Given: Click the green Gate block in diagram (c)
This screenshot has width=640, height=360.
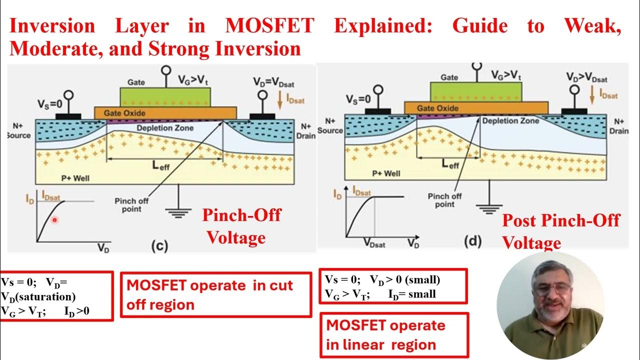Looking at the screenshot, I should [x=165, y=96].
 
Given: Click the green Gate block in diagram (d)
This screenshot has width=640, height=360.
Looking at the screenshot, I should [x=476, y=91].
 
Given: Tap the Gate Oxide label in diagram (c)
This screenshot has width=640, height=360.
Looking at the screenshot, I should [x=125, y=113].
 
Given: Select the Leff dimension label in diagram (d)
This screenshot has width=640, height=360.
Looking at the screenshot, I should [x=449, y=164].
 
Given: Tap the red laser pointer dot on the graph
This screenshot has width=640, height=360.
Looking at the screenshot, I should [x=54, y=220].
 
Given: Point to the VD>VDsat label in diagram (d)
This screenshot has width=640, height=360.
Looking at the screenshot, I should [x=586, y=77].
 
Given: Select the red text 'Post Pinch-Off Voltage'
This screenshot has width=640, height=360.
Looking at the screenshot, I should [x=560, y=231].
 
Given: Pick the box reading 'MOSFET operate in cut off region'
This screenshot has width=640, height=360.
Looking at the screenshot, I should [x=215, y=294].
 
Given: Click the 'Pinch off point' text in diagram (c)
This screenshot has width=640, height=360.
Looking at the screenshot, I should [x=131, y=204].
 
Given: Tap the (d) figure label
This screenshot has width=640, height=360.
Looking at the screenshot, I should [x=472, y=242].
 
